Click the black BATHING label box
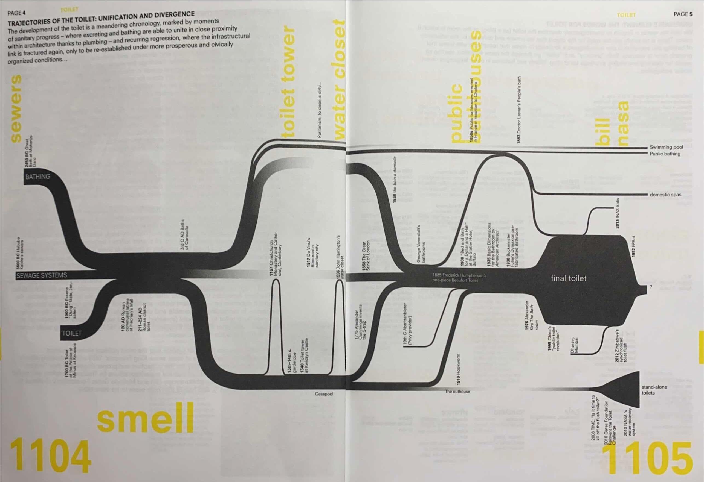point(38,177)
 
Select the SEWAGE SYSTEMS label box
point(42,275)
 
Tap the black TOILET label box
point(72,333)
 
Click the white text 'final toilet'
point(569,278)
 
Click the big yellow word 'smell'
point(145,418)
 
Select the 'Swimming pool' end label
point(667,147)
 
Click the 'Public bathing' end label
point(665,154)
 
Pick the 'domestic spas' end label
point(665,195)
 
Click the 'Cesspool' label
point(324,394)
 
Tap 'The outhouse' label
point(457,392)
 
